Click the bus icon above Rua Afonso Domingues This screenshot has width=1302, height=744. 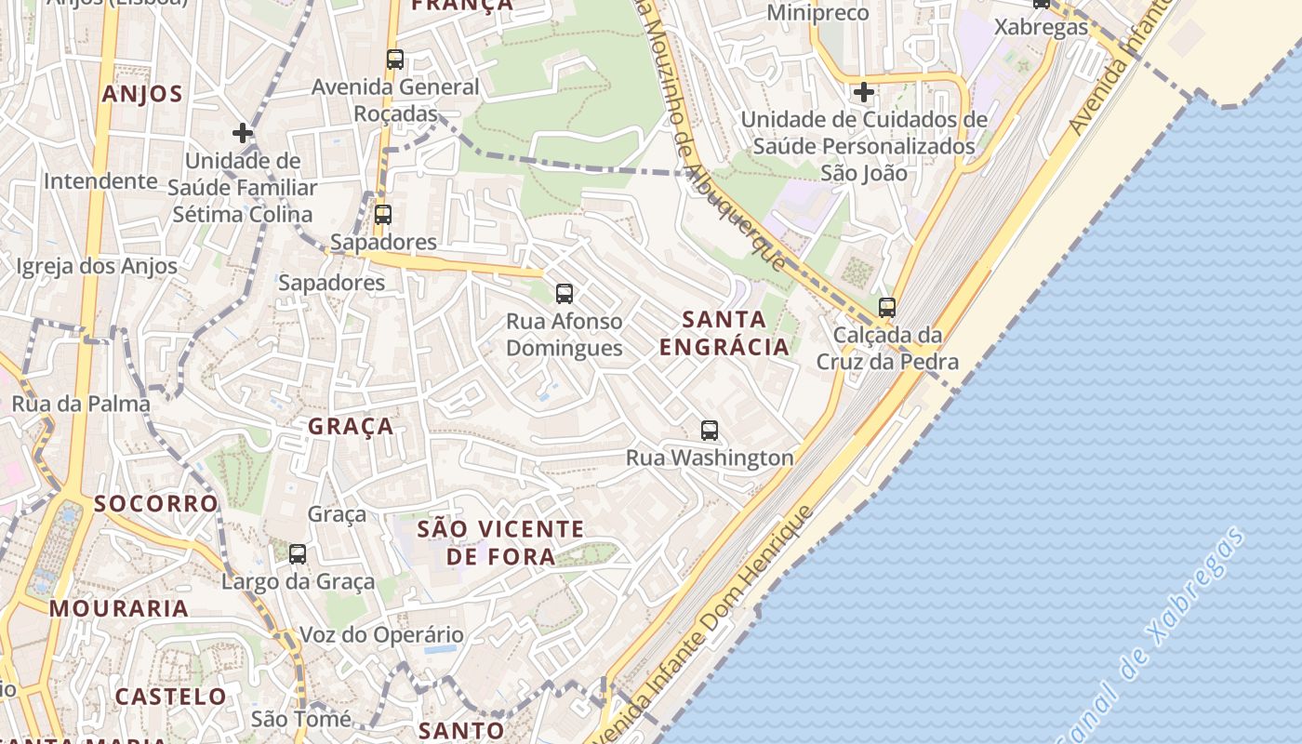(564, 294)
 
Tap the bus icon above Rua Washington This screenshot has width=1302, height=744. (710, 431)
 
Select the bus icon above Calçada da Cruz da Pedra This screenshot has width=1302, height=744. (887, 308)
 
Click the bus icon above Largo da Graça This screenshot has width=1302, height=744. (298, 554)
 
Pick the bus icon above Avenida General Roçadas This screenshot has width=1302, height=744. (395, 60)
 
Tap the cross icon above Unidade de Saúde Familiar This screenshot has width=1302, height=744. (243, 133)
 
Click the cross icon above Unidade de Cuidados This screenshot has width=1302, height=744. (864, 92)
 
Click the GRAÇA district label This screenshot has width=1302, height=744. (351, 427)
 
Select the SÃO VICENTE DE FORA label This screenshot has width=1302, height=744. (501, 543)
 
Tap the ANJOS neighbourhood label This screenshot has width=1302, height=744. (142, 94)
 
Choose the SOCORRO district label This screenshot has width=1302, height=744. (156, 504)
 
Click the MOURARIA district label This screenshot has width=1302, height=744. (119, 609)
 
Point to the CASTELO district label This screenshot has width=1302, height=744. (170, 697)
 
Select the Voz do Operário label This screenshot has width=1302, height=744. (381, 636)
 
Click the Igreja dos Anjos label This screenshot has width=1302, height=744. (97, 267)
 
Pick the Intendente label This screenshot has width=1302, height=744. (100, 180)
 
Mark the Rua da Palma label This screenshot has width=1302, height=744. (81, 404)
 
